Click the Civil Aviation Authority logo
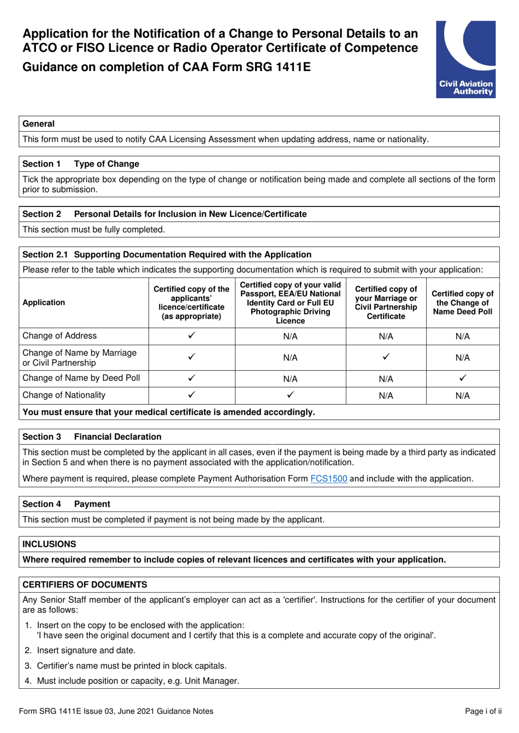pos(465,60)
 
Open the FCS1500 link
pos(328,478)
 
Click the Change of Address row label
pos(60,336)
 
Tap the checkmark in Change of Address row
pos(192,336)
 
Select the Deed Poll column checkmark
pos(462,378)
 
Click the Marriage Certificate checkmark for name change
pos(386,357)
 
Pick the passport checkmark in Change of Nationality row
pos(290,394)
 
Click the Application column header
pos(44,303)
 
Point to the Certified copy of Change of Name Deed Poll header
pos(462,303)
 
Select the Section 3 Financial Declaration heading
pos(92,437)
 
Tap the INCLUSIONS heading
pos(49,544)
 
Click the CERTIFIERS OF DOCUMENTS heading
pos(85,584)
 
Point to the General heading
pos(38,124)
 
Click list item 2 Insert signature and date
pos(86,651)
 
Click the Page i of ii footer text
pos(483,711)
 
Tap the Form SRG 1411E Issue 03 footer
pos(116,711)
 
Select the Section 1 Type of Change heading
pos(81,164)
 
